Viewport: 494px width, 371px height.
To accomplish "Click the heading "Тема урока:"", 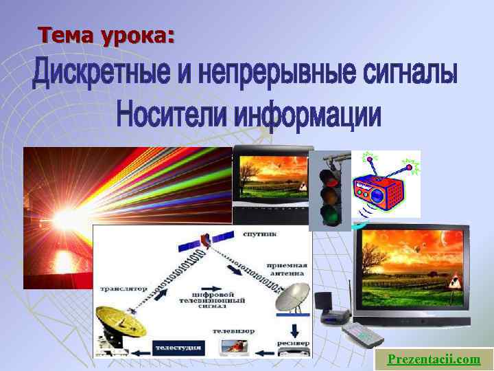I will (x=106, y=34).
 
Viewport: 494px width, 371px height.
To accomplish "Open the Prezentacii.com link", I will (x=434, y=359).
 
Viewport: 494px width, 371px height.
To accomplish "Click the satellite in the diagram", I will (x=197, y=243).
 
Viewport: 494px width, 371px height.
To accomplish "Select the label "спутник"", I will (x=259, y=234).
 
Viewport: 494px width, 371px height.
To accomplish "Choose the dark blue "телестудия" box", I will (x=178, y=348).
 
